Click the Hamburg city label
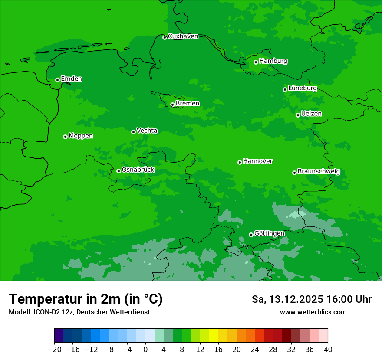pos(273,61)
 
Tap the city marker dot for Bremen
pos(172,105)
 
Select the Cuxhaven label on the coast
pos(183,36)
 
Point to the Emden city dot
pos(57,80)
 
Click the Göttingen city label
pos(269,233)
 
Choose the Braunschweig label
pos(319,171)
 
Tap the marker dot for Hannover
pos(240,163)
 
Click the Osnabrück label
pos(138,170)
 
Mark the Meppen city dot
pos(65,137)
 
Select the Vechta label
pos(147,131)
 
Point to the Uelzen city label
pos(311,114)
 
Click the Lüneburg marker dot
pos(285,89)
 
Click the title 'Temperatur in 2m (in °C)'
pos(86,299)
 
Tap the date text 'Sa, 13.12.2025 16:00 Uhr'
pos(311,299)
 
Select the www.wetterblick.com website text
pos(313,312)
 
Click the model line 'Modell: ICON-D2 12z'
pos(79,312)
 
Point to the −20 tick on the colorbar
pos(54,349)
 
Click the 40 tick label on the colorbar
pos(328,349)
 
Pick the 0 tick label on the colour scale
pos(145,349)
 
